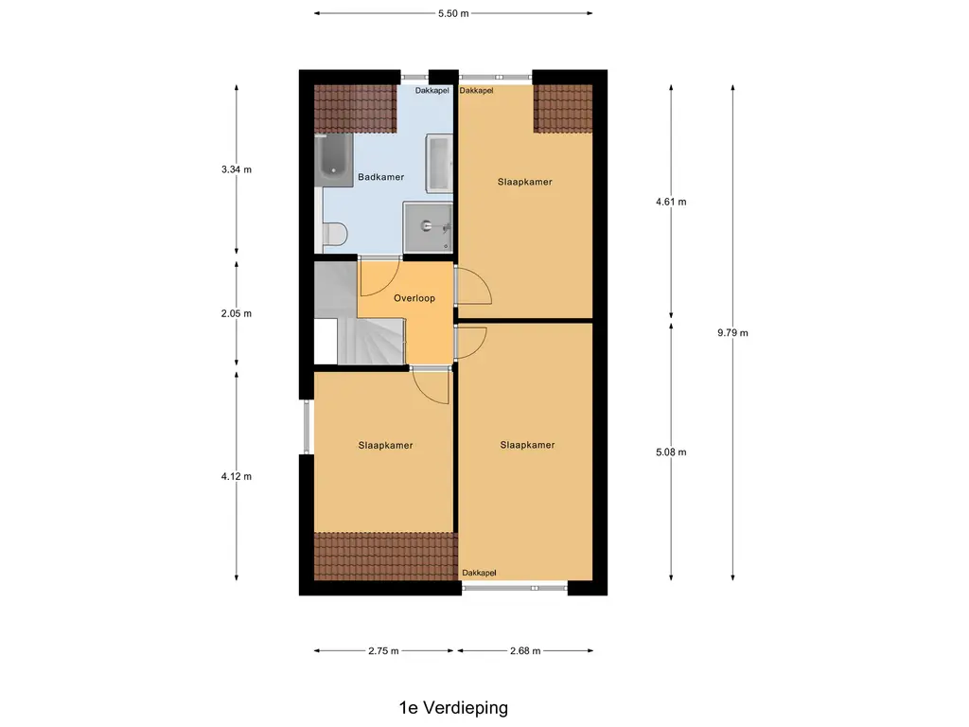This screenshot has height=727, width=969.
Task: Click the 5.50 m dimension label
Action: (x=453, y=13)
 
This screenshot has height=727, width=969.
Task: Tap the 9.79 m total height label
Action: (x=732, y=332)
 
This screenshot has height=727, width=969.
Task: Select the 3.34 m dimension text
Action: (x=236, y=169)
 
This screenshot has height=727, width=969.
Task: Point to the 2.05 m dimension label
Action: (x=236, y=313)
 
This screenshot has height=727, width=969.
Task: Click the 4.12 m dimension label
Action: (x=236, y=476)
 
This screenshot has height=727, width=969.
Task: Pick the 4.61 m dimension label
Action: (x=671, y=202)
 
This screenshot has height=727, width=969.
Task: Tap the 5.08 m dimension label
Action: (x=671, y=452)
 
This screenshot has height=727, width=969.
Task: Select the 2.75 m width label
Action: (x=383, y=650)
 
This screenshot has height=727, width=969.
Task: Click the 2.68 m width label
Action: (x=525, y=650)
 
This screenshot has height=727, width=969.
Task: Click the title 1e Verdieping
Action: (x=453, y=708)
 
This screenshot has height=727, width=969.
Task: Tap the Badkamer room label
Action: (x=380, y=177)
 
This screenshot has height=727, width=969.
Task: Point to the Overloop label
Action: (x=414, y=298)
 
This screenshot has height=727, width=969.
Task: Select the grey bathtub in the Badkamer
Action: (x=334, y=159)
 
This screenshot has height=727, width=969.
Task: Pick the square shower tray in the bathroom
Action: (x=428, y=227)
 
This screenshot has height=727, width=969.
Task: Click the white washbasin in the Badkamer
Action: (x=439, y=164)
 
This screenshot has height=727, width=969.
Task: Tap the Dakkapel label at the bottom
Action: (x=479, y=573)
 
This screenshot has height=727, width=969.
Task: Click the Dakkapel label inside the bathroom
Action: (x=432, y=90)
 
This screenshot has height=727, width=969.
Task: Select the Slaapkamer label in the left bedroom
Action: (x=385, y=445)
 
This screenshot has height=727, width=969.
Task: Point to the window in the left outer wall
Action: (x=307, y=427)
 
